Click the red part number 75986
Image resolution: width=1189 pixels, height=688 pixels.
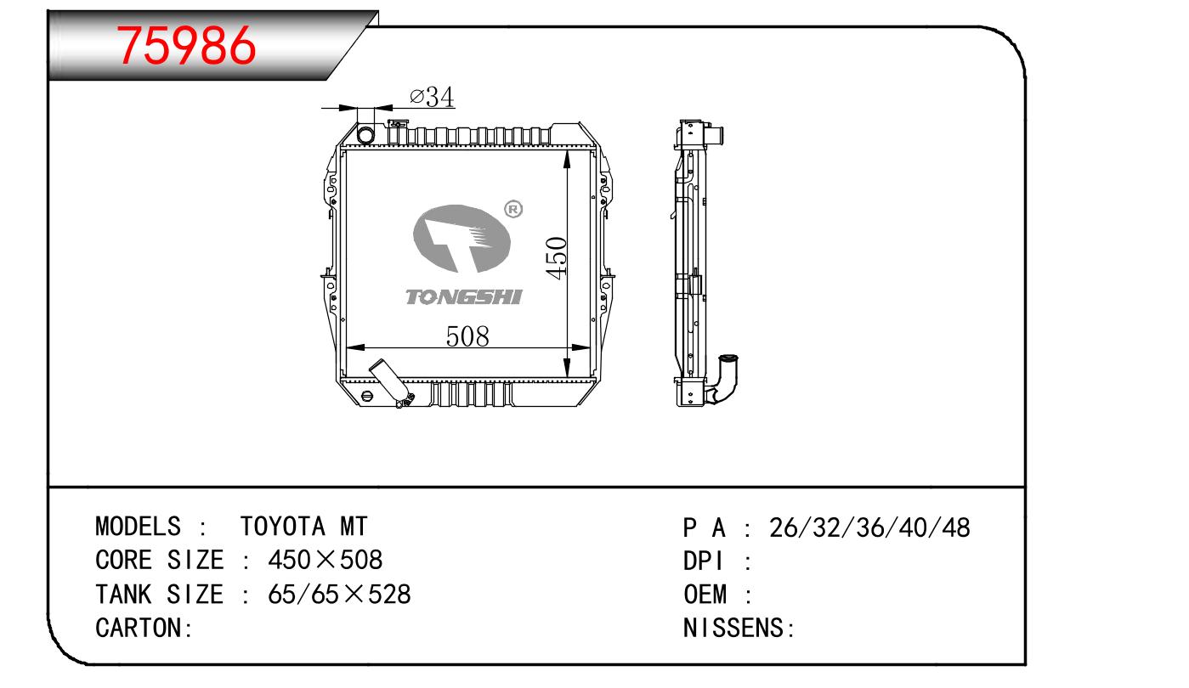186,46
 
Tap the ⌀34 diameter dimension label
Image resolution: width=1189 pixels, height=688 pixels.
432,97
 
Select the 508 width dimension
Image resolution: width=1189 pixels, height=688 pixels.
467,336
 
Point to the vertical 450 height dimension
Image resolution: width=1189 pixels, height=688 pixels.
556,258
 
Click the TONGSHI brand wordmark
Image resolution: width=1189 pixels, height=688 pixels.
464,297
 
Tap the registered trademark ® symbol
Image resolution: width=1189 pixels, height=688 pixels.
512,209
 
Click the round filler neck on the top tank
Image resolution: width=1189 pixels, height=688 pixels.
365,134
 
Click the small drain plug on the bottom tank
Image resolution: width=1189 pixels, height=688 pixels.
366,397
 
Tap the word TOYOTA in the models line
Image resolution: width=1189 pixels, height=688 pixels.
282,527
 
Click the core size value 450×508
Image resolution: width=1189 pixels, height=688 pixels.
325,560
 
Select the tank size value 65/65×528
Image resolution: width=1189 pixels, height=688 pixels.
339,594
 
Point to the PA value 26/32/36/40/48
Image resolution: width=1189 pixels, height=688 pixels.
869,527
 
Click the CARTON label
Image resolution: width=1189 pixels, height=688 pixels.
144,628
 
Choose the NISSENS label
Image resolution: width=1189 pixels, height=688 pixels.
739,628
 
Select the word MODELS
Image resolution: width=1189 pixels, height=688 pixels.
138,527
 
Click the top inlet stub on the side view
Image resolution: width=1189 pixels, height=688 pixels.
715,136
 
